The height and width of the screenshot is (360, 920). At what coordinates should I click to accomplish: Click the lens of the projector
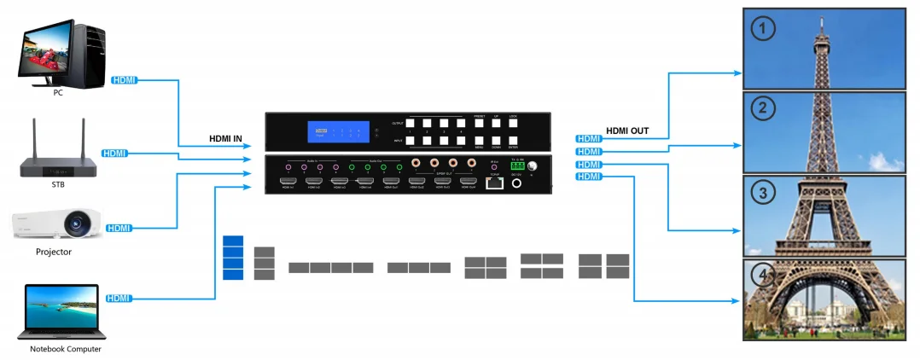tap(78, 225)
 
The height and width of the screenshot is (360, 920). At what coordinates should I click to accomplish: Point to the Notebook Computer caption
tap(66, 349)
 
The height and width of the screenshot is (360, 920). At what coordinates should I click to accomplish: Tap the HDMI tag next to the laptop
tap(119, 298)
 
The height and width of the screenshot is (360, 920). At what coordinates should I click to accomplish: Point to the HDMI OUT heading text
tap(627, 131)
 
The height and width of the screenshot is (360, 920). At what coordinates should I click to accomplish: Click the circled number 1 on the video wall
tap(763, 29)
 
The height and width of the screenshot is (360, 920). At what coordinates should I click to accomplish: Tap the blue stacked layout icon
tap(233, 257)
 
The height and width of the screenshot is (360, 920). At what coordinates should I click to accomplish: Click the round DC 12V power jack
tap(516, 183)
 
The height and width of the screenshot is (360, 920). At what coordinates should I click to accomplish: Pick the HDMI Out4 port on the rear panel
tap(468, 181)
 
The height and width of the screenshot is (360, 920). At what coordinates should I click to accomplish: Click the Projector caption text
tap(54, 253)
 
